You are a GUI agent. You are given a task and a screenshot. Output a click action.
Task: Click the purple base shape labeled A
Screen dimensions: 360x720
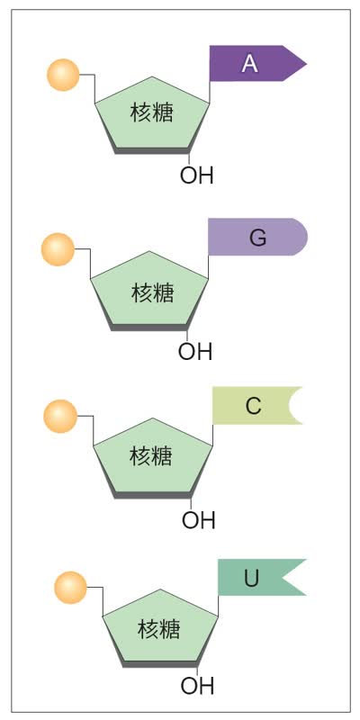click(x=255, y=63)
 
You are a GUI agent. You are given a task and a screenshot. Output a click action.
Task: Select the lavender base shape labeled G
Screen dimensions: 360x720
click(x=257, y=237)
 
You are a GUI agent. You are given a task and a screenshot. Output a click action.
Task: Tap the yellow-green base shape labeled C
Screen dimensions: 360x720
click(x=255, y=406)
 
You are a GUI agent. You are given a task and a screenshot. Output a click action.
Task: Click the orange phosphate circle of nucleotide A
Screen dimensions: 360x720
click(x=63, y=75)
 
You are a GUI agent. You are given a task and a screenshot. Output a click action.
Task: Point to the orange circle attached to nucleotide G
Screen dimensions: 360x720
click(x=58, y=249)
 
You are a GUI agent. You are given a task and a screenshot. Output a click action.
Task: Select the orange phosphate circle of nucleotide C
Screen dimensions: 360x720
click(x=60, y=416)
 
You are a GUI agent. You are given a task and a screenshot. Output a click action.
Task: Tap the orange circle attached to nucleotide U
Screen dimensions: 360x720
click(x=70, y=588)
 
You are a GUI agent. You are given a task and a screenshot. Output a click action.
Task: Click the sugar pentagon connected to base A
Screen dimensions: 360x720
click(x=152, y=116)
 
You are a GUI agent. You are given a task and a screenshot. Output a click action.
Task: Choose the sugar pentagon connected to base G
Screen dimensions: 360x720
click(x=149, y=291)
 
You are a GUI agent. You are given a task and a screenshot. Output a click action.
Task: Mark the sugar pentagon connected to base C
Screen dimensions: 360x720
click(x=153, y=458)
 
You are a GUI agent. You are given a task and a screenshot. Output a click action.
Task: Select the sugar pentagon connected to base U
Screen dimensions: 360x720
click(x=160, y=628)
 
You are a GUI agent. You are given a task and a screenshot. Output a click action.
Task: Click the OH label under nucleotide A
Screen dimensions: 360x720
click(x=197, y=175)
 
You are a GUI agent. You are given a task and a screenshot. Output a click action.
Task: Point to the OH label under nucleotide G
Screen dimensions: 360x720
click(x=195, y=352)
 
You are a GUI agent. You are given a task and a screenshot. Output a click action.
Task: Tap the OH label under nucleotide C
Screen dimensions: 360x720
click(x=198, y=520)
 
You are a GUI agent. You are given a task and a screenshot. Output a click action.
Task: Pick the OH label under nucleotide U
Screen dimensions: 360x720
click(x=197, y=687)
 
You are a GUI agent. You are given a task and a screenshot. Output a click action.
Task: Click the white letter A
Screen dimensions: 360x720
click(x=250, y=64)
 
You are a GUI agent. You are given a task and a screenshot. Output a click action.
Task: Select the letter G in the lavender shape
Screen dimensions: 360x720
click(x=257, y=238)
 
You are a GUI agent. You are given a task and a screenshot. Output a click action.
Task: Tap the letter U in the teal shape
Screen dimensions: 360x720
click(x=251, y=579)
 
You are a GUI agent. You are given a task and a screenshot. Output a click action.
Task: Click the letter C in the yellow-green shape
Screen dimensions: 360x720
click(x=254, y=407)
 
